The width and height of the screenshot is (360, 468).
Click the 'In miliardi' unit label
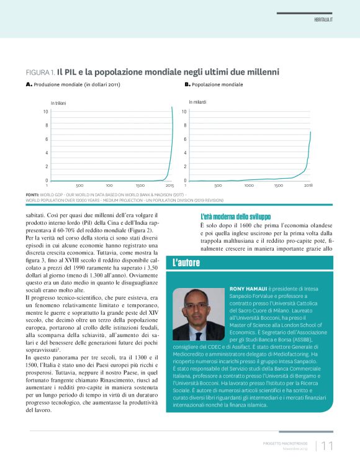[197, 101]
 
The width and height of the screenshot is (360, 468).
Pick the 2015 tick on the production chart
[169, 186]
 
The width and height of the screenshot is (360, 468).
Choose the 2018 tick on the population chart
[308, 186]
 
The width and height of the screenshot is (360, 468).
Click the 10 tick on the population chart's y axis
[184, 112]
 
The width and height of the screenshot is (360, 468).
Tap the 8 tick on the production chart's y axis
[45, 125]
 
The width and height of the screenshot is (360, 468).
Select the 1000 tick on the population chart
[248, 186]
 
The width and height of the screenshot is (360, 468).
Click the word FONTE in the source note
[32, 194]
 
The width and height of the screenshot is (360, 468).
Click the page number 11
[328, 446]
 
